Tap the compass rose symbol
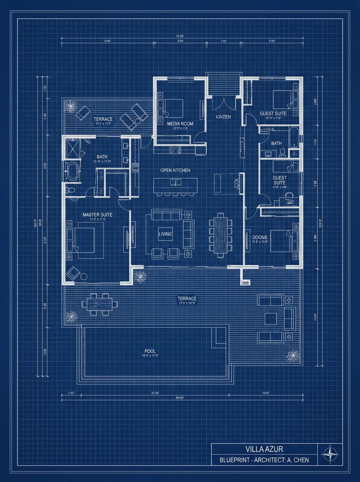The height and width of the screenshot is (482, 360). click(x=330, y=454)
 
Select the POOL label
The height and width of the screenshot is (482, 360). click(x=150, y=351)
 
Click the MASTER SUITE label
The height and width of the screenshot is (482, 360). click(x=97, y=215)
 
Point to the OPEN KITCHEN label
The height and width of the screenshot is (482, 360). click(x=175, y=170)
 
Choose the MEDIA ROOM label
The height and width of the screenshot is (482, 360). click(x=180, y=124)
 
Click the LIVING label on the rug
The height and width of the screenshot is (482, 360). click(x=165, y=234)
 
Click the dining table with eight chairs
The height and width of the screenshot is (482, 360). click(x=220, y=235)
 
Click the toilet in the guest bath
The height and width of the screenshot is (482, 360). click(x=283, y=152)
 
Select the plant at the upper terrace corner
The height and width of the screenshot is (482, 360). click(x=72, y=107)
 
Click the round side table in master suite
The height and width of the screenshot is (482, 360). click(x=84, y=276)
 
